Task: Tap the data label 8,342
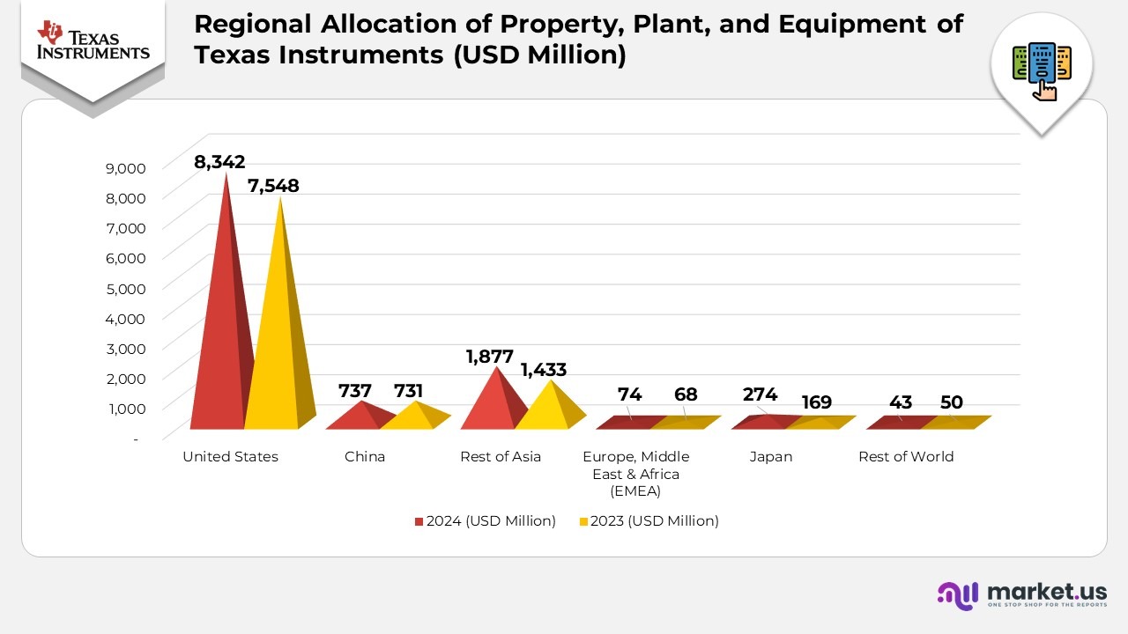click(x=219, y=162)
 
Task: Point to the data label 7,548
click(x=273, y=186)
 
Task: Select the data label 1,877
click(x=489, y=357)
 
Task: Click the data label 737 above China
click(x=355, y=391)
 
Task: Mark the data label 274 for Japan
click(x=760, y=394)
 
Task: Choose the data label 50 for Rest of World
click(x=951, y=402)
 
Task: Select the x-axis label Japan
click(x=770, y=456)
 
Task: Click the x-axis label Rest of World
click(x=906, y=456)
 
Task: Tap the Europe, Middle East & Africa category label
click(x=635, y=474)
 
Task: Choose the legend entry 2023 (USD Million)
click(x=653, y=520)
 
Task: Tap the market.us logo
click(x=1022, y=594)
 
